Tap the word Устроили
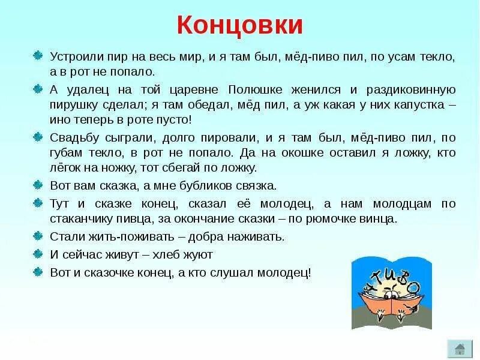click(x=72, y=58)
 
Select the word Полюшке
click(x=254, y=90)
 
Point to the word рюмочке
click(x=335, y=218)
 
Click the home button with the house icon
click(x=460, y=349)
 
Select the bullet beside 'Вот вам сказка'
click(x=38, y=184)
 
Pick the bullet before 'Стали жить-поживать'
click(x=38, y=235)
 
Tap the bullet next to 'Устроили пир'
click(x=38, y=57)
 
